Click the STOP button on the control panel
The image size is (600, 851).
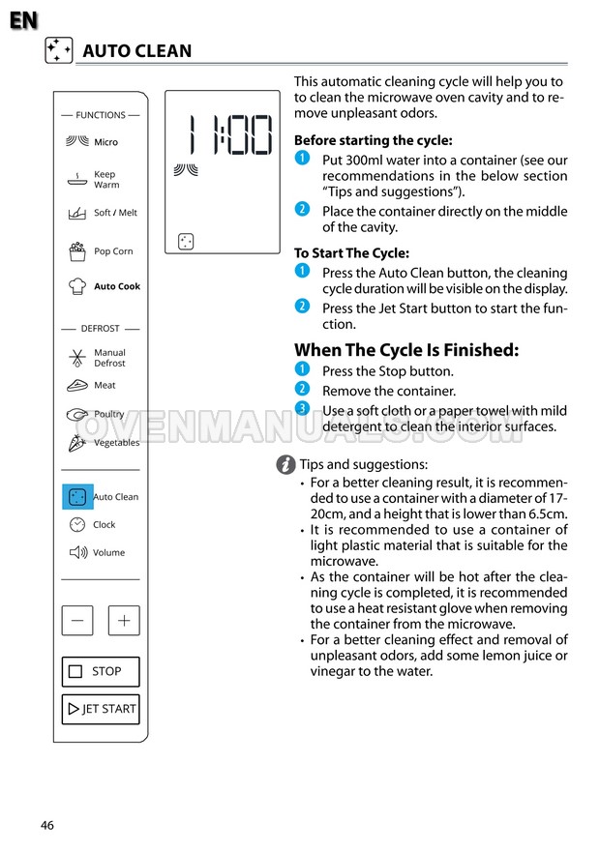101,671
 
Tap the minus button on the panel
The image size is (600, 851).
77,621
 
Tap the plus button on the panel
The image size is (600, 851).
124,621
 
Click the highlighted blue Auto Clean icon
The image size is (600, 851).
77,497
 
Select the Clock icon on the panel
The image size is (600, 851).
77,524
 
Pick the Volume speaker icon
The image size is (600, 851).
78,552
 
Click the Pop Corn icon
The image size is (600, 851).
77,251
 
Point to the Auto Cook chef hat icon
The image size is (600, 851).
77,286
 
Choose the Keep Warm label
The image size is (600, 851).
105,180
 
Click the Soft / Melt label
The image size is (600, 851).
115,213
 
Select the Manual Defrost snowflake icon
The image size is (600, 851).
77,358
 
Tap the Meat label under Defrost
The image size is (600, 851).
105,385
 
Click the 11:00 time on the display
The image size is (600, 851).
229,134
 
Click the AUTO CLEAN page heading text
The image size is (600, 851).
136,51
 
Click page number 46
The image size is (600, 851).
47,825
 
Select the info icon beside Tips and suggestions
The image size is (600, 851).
285,465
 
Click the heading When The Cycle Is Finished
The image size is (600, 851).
406,350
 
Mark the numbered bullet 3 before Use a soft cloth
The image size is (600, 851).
302,409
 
